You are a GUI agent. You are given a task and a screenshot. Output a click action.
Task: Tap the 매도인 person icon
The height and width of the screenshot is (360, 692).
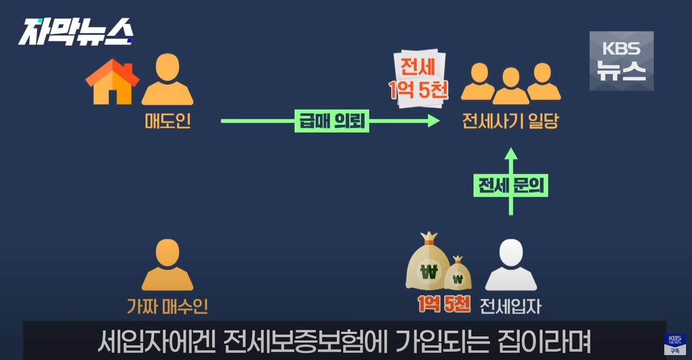click(167, 80)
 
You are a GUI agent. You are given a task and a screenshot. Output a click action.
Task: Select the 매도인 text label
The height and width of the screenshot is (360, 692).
click(167, 120)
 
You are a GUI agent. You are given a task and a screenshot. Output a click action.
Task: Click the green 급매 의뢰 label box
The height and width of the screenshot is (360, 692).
click(332, 121)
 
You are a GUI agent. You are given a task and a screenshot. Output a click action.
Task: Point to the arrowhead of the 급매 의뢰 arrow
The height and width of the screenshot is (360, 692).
click(434, 121)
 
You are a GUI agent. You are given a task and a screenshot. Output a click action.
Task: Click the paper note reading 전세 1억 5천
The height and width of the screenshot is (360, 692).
click(419, 79)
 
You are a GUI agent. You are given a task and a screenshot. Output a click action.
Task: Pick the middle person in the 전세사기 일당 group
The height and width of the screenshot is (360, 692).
click(510, 86)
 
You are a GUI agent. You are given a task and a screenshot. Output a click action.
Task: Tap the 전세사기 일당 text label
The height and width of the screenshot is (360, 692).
click(510, 121)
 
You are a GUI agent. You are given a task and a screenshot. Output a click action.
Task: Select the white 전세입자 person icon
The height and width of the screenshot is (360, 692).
click(510, 265)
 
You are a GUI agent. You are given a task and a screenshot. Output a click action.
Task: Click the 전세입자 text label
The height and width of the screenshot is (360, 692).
click(510, 306)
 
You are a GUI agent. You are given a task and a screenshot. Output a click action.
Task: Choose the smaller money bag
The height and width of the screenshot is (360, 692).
click(458, 274)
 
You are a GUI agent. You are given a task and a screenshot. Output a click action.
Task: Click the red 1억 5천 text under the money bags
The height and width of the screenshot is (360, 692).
click(444, 304)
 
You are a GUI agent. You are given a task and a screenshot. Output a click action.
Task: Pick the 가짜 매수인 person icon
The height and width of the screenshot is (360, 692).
click(167, 265)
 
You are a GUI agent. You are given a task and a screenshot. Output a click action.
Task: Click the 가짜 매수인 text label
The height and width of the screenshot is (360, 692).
click(167, 307)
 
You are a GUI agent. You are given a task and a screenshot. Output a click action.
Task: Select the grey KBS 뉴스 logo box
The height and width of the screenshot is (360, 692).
click(621, 60)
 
